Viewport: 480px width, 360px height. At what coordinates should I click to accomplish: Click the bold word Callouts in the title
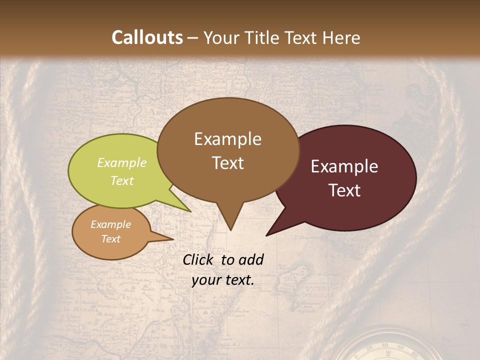[147, 38]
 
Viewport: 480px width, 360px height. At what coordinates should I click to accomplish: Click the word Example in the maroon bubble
[344, 166]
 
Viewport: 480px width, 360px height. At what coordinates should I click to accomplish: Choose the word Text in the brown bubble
[228, 163]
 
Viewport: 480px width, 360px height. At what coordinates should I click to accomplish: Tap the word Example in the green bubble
[122, 163]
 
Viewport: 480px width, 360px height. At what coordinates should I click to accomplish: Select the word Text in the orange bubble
[111, 239]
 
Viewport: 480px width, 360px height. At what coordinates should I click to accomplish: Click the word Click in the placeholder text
[198, 259]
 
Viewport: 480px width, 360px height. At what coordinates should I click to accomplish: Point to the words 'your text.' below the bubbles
[223, 280]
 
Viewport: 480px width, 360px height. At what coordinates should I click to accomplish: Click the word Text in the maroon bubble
[345, 190]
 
